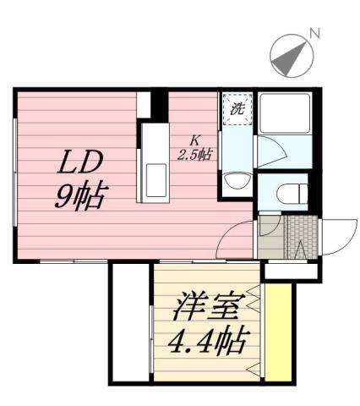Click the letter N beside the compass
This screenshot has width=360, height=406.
coord(314,34)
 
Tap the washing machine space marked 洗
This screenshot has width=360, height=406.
coord(237,108)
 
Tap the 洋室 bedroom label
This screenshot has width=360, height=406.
coord(211,306)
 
